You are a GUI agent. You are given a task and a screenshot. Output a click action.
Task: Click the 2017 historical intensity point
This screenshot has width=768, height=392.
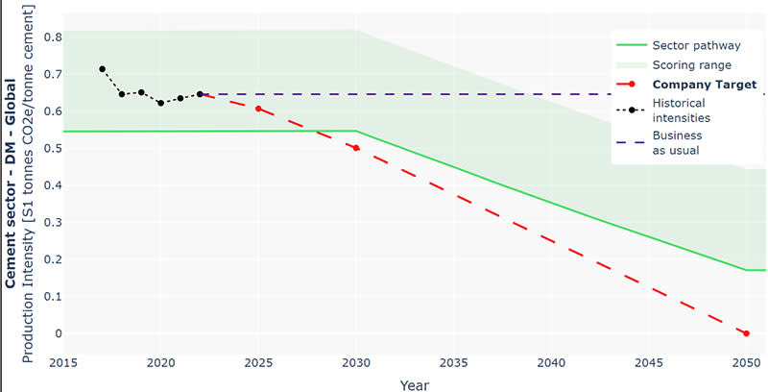102,69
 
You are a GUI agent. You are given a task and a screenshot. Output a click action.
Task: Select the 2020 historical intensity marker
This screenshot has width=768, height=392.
160,103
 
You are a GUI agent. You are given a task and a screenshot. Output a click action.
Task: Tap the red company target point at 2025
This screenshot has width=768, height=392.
258,109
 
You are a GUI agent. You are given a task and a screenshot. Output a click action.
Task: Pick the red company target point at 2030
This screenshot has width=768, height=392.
356,148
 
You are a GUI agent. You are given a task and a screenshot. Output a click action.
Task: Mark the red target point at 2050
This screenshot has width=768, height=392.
746,333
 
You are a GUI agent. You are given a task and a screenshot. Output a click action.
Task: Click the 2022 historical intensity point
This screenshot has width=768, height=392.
200,94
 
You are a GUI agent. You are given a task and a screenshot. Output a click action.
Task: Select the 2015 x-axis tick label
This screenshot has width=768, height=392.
63,362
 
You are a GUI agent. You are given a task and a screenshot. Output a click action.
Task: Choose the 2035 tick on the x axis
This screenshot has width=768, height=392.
453,362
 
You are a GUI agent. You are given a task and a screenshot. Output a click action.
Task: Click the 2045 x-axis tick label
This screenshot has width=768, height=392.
648,362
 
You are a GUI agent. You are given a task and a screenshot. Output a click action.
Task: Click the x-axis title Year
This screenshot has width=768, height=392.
403,382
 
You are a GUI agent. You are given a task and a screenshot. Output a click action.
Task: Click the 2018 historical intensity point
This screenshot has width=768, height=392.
122,94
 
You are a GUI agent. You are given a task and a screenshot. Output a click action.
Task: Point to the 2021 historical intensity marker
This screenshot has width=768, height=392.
180,98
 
